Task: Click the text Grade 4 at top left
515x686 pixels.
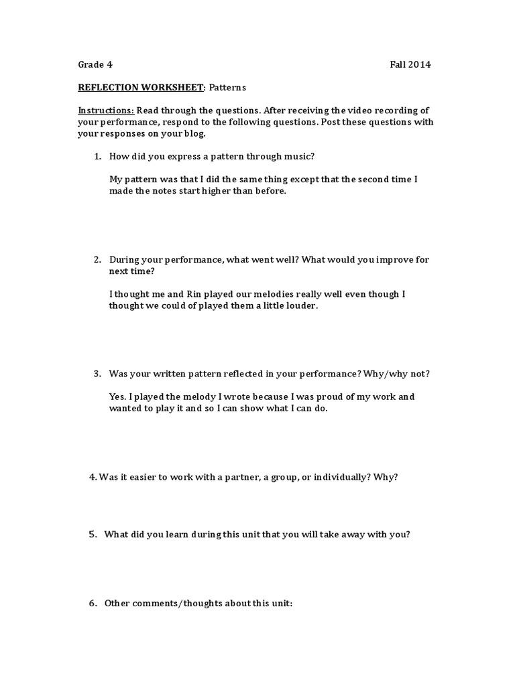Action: [95, 65]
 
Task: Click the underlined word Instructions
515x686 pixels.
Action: [106, 110]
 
